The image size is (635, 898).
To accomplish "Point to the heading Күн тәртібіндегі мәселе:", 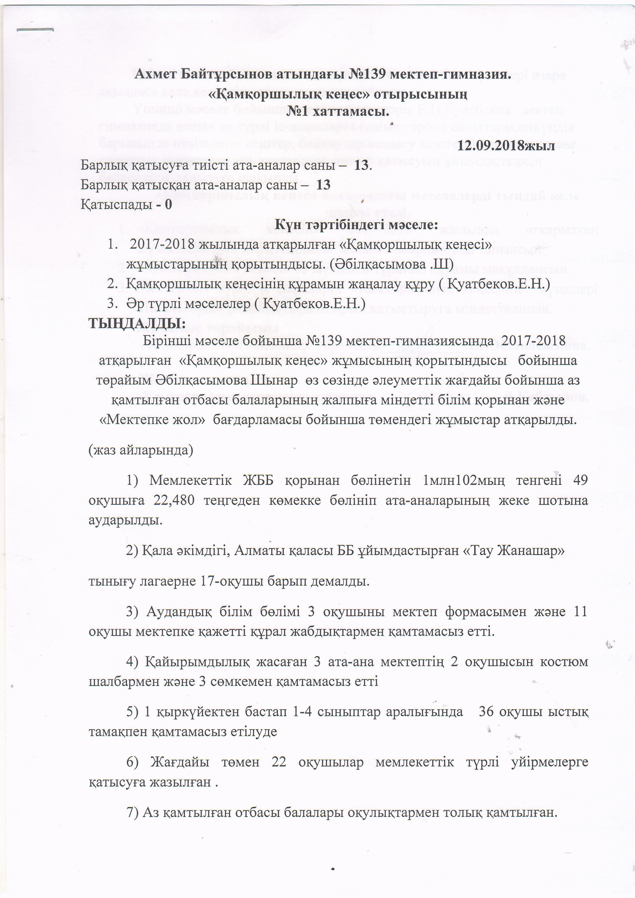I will [356, 224].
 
